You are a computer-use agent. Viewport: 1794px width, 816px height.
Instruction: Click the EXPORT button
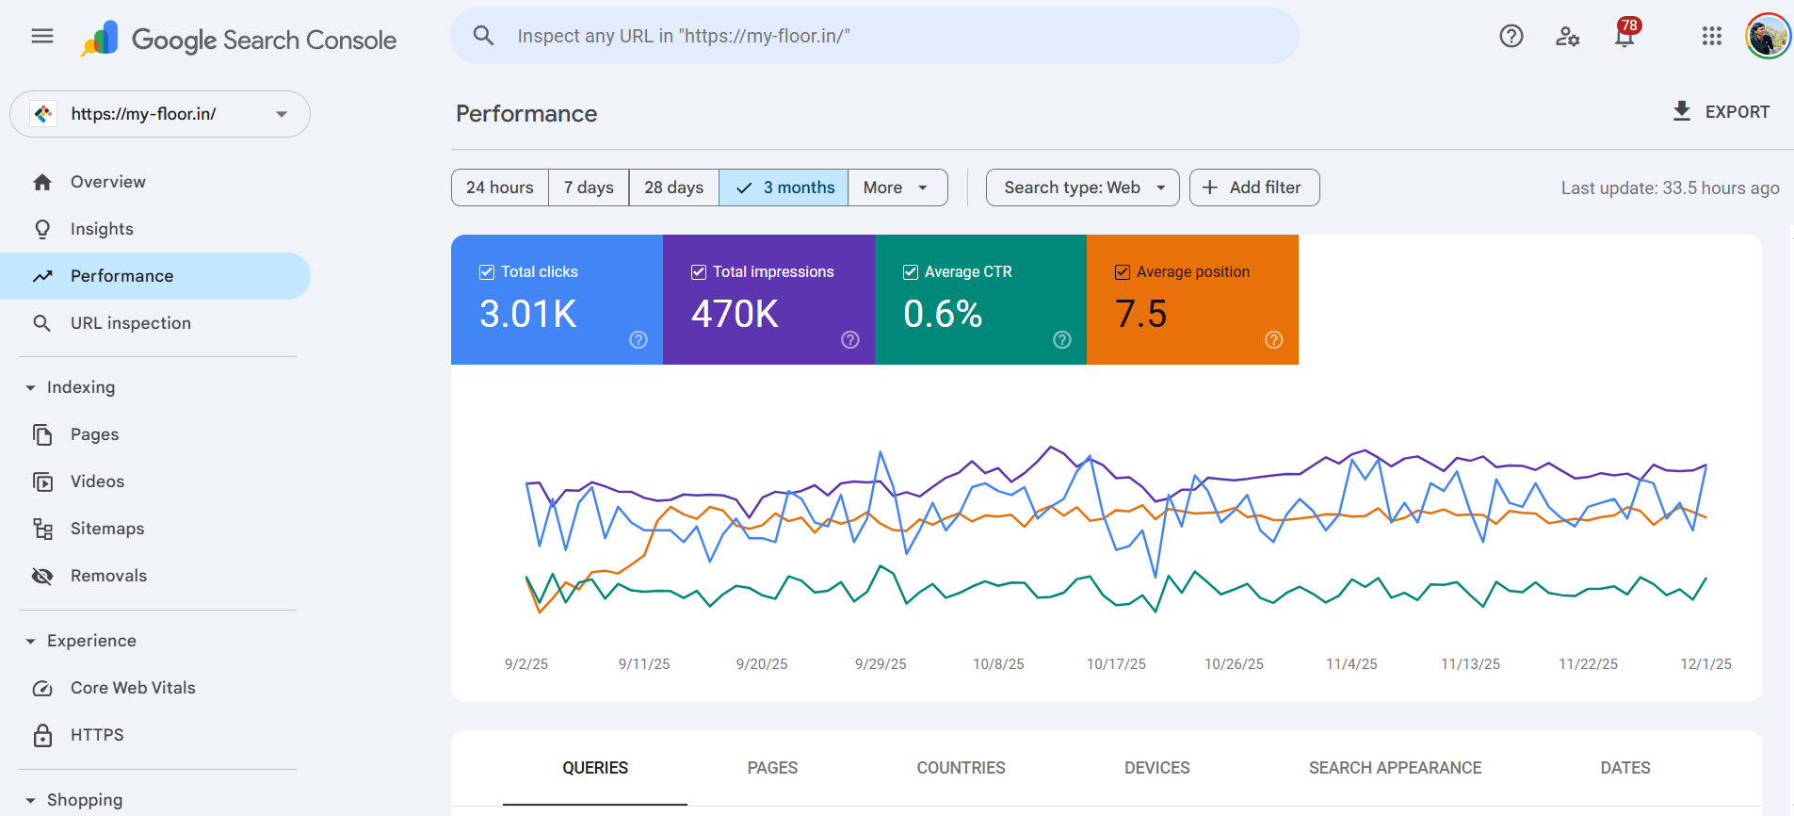(1721, 111)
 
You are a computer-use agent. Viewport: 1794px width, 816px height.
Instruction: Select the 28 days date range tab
(673, 188)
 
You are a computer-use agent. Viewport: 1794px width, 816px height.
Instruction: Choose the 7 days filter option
(589, 188)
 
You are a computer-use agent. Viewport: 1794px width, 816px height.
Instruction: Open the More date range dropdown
(897, 188)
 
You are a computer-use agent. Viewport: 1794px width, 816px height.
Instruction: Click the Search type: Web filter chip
(1082, 188)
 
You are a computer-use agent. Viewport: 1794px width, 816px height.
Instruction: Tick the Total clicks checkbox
(487, 272)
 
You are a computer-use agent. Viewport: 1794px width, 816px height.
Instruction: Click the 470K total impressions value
(735, 314)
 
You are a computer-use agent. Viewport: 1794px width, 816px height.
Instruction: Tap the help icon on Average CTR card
(1061, 340)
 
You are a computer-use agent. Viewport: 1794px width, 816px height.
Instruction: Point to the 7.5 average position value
(1140, 314)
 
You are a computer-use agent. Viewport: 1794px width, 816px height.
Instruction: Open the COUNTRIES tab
(961, 768)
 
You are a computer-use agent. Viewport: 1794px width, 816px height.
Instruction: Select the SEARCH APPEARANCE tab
(1395, 768)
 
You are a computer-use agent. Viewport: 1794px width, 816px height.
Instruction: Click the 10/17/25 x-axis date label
(1116, 664)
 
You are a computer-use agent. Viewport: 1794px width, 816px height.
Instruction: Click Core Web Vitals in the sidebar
(133, 688)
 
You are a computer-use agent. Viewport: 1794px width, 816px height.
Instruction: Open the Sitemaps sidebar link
(107, 529)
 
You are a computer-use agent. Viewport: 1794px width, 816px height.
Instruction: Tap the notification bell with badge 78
(1624, 37)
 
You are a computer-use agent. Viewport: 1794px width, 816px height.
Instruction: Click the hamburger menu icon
(42, 37)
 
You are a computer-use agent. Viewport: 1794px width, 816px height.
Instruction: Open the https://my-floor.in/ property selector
(160, 114)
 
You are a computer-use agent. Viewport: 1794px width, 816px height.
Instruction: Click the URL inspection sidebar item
(130, 323)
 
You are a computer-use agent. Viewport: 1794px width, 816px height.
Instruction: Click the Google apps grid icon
(1711, 37)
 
